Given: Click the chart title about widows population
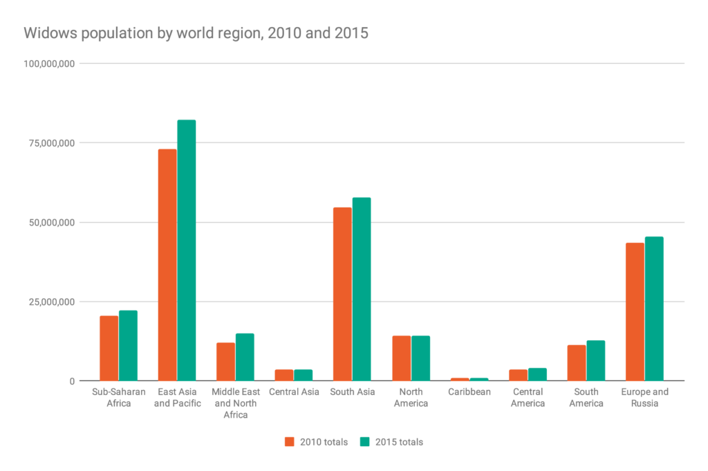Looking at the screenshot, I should (x=196, y=33).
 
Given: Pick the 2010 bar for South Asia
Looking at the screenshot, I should (x=342, y=294).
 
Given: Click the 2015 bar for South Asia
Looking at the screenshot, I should (x=362, y=289).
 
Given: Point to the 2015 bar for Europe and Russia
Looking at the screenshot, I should (x=654, y=308).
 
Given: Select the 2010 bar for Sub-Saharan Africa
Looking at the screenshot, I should (x=109, y=348).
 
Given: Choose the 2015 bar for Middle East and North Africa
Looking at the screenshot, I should (x=245, y=357).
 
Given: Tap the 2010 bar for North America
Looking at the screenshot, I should (x=401, y=358).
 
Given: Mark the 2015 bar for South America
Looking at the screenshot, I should (x=596, y=360).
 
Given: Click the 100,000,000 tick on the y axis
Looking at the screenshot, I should (x=48, y=64).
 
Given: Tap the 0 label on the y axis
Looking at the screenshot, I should (x=72, y=381).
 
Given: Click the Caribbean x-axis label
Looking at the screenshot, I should (x=469, y=392).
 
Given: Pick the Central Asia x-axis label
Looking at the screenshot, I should (x=294, y=392).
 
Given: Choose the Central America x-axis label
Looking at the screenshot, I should (x=528, y=398).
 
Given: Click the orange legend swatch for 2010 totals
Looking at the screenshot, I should (x=290, y=441).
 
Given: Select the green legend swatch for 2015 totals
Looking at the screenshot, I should (x=365, y=441).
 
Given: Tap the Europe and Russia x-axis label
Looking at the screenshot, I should (x=644, y=398).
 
